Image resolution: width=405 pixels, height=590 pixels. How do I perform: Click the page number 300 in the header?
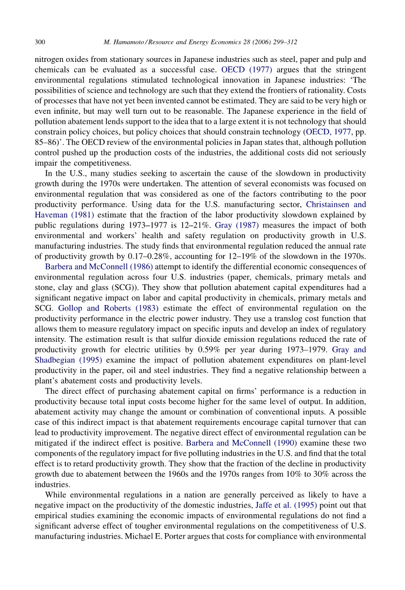(x=40, y=42)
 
